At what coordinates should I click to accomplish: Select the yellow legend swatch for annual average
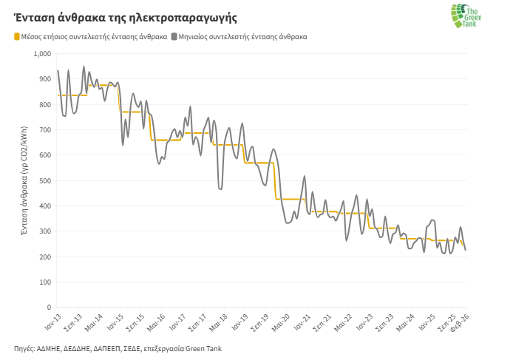pyautogui.click(x=16, y=35)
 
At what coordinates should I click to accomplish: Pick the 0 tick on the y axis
pyautogui.click(x=49, y=307)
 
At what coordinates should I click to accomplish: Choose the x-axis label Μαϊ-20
pyautogui.click(x=279, y=322)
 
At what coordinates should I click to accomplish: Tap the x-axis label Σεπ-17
pyautogui.click(x=197, y=323)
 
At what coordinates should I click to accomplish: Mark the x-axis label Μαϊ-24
pyautogui.click(x=404, y=322)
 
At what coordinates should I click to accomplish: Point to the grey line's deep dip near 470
pyautogui.click(x=220, y=189)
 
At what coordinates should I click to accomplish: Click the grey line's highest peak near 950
pyautogui.click(x=84, y=67)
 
